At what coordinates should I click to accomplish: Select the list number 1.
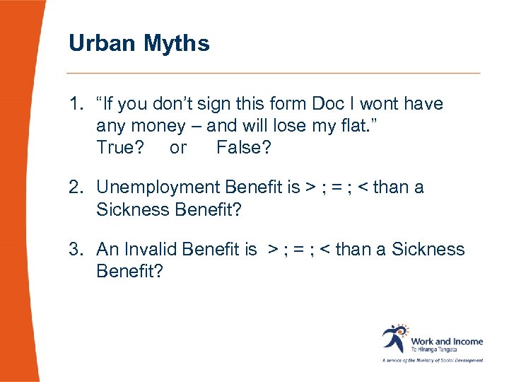click(x=76, y=104)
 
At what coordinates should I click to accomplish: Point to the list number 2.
click(x=76, y=187)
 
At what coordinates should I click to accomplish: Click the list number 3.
click(x=76, y=250)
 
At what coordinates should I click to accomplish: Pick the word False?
click(x=242, y=148)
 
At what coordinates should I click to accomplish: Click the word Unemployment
click(x=158, y=187)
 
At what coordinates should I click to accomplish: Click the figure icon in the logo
click(x=394, y=338)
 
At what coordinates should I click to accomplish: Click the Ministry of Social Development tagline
click(x=433, y=360)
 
